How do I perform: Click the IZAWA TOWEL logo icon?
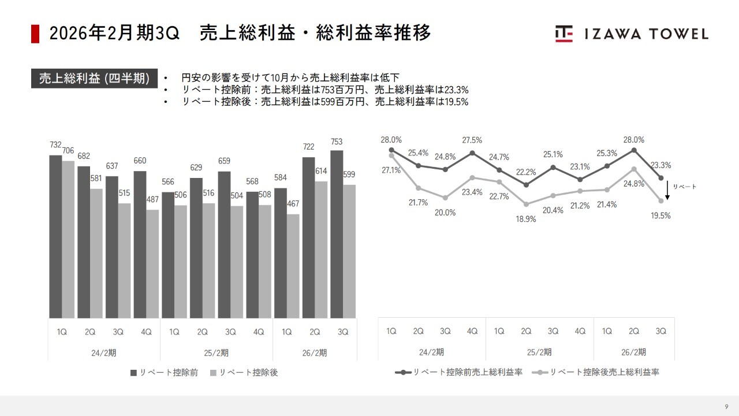click(564, 34)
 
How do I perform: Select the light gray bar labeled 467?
click(293, 266)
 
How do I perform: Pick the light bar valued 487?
click(152, 263)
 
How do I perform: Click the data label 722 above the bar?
click(308, 147)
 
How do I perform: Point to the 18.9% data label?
click(527, 219)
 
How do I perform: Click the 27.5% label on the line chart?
click(472, 140)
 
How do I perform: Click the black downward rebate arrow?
click(667, 190)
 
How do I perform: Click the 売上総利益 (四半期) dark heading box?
click(94, 79)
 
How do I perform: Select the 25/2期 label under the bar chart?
click(217, 352)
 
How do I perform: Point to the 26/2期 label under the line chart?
click(634, 352)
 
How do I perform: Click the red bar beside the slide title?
click(35, 34)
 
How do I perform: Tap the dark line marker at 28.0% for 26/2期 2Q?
click(634, 150)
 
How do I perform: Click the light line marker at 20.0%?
click(445, 198)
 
